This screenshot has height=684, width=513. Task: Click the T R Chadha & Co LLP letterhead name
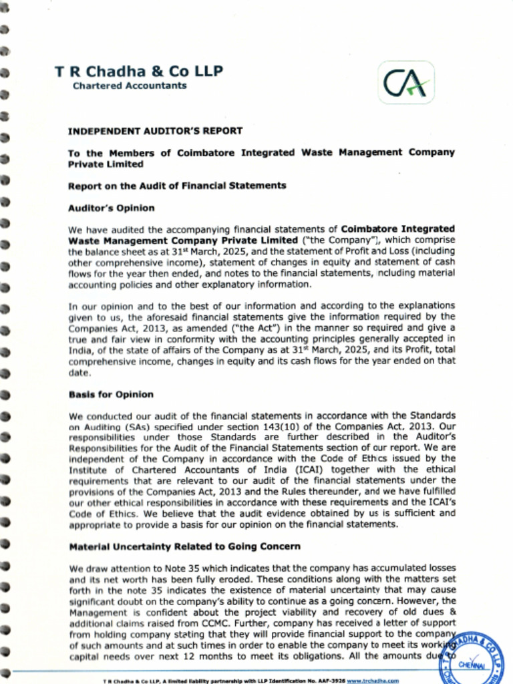pyautogui.click(x=138, y=71)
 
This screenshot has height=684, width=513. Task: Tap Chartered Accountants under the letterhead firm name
pyautogui.click(x=130, y=85)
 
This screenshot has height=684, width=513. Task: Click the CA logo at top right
pyautogui.click(x=406, y=83)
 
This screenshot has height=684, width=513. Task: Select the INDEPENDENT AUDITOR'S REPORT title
pyautogui.click(x=155, y=131)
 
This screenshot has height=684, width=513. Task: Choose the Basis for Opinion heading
pyautogui.click(x=111, y=394)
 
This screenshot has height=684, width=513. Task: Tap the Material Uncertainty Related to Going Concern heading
pyautogui.click(x=184, y=546)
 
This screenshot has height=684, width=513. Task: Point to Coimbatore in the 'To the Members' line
pyautogui.click(x=206, y=152)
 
